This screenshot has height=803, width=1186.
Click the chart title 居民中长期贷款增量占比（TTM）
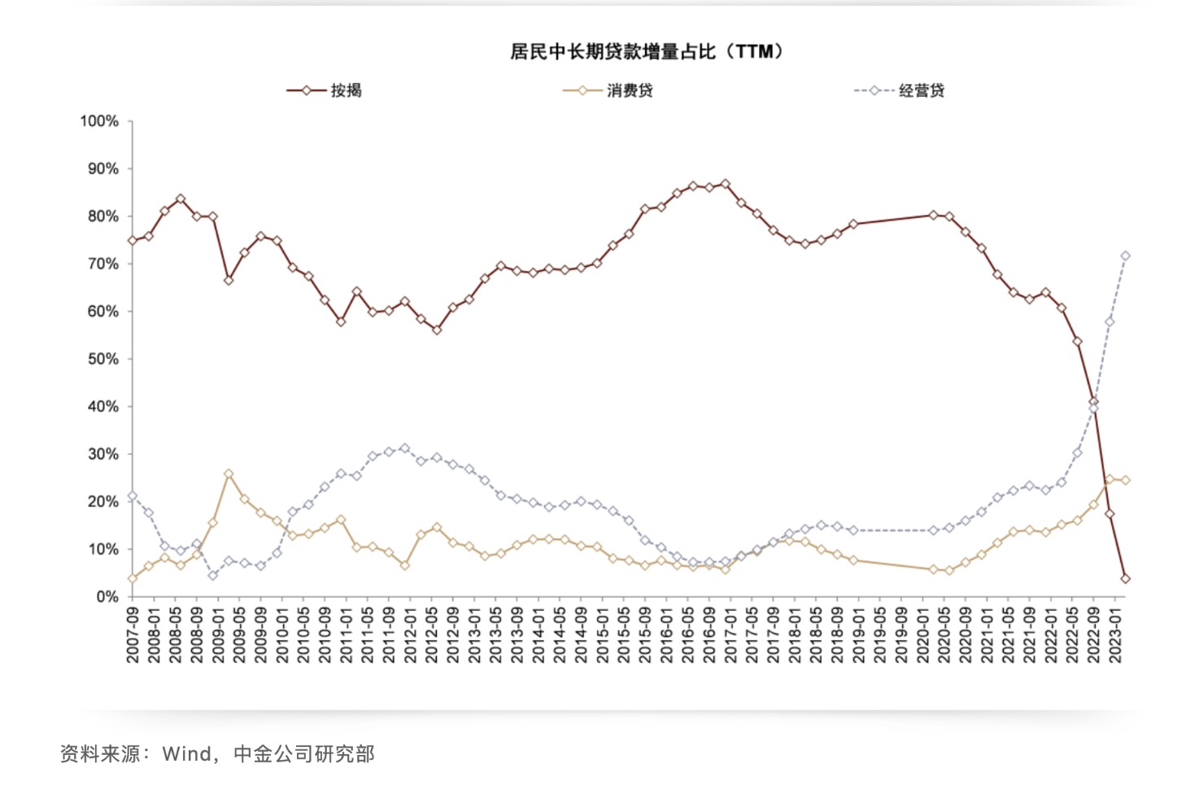[x=647, y=52]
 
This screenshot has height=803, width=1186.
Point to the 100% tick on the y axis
[x=99, y=121]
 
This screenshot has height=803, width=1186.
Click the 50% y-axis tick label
[x=103, y=359]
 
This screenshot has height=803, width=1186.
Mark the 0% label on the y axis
[x=107, y=596]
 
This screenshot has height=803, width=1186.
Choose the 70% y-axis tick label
[x=103, y=264]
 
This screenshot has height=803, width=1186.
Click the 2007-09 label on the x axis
[x=133, y=634]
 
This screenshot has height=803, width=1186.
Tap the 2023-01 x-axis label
[x=1115, y=634]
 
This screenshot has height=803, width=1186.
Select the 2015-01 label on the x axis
[x=602, y=634]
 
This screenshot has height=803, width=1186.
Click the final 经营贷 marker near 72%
[x=1125, y=256]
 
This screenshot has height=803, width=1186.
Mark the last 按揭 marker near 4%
[x=1125, y=578]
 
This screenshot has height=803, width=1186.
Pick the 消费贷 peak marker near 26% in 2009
[x=229, y=474]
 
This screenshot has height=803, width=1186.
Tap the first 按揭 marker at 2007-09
[x=133, y=241]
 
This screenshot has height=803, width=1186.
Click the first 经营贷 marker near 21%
[x=133, y=495]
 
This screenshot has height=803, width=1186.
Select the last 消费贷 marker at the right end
[x=1125, y=480]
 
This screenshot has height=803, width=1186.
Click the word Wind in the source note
[x=186, y=754]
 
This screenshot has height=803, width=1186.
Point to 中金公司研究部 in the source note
[x=304, y=754]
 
